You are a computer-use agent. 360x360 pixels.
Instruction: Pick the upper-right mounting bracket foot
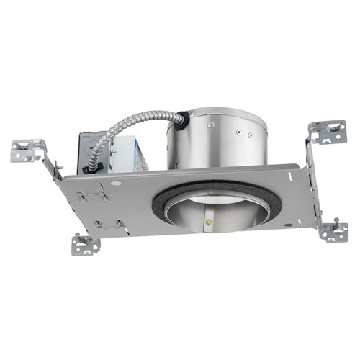coord(328,132)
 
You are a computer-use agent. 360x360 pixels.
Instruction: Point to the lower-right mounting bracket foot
coord(333,231)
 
